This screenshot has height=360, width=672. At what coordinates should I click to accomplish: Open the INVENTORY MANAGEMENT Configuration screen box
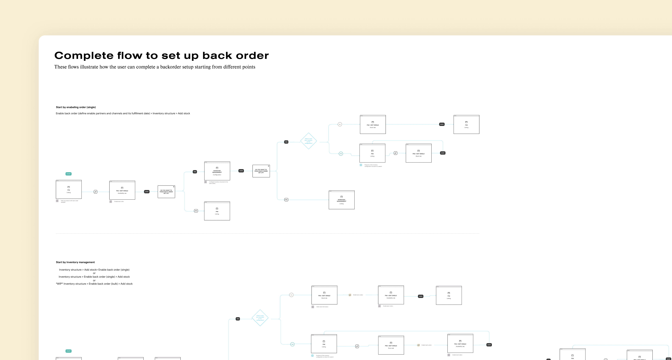(217, 171)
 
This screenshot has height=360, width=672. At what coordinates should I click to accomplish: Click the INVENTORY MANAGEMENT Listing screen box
(341, 200)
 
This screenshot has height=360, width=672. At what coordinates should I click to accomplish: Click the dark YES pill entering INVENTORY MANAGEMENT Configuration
(195, 172)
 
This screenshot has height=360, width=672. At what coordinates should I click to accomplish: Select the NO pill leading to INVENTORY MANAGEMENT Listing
(286, 200)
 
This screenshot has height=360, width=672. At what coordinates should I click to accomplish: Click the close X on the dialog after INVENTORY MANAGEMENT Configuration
(268, 166)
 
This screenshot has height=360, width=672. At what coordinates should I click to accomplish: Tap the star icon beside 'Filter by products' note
(57, 201)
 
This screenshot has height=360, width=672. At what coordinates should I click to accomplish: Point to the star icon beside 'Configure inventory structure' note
(206, 182)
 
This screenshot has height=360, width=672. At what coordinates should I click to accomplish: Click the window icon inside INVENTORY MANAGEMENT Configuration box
(217, 168)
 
